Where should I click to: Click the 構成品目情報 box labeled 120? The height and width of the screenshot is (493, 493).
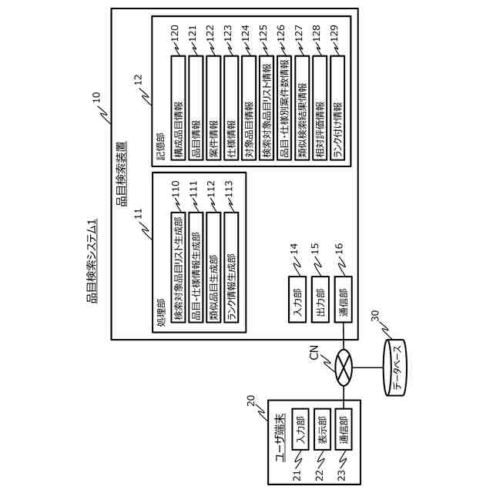pos(178,107)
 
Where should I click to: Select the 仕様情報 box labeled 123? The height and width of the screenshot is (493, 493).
pos(231,107)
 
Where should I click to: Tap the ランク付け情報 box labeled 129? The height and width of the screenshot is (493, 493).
pos(338,107)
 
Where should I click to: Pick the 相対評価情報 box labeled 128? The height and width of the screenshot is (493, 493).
pos(320,107)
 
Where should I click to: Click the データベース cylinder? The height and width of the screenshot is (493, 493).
pos(397,369)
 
